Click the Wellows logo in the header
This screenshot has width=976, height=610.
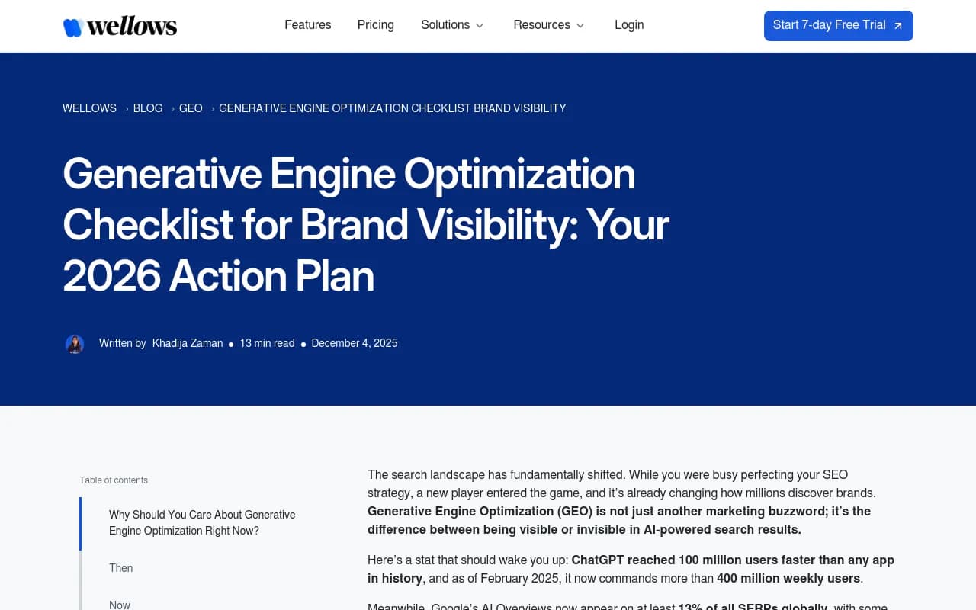[120, 27]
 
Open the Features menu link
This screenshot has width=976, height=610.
[307, 25]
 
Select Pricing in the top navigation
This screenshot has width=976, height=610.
[375, 25]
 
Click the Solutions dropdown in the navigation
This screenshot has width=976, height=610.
[452, 25]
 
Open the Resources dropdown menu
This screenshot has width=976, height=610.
[549, 25]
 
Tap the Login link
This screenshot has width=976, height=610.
[629, 25]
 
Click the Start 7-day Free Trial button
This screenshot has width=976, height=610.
[838, 26]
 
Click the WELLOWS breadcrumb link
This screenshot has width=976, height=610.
[89, 108]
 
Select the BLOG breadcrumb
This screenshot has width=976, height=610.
[148, 108]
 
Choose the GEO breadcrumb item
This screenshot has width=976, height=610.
[191, 108]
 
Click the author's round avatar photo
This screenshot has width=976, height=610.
[75, 344]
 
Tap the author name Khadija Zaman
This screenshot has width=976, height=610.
[188, 343]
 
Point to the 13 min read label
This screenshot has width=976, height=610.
[267, 343]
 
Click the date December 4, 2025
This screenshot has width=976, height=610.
[355, 343]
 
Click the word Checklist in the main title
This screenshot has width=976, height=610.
[148, 226]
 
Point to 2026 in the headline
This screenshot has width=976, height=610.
[111, 276]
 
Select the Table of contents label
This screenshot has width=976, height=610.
[114, 480]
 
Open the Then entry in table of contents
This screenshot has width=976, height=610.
[120, 568]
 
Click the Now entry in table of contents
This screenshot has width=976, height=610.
[120, 605]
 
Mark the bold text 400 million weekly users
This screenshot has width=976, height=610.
[788, 578]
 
